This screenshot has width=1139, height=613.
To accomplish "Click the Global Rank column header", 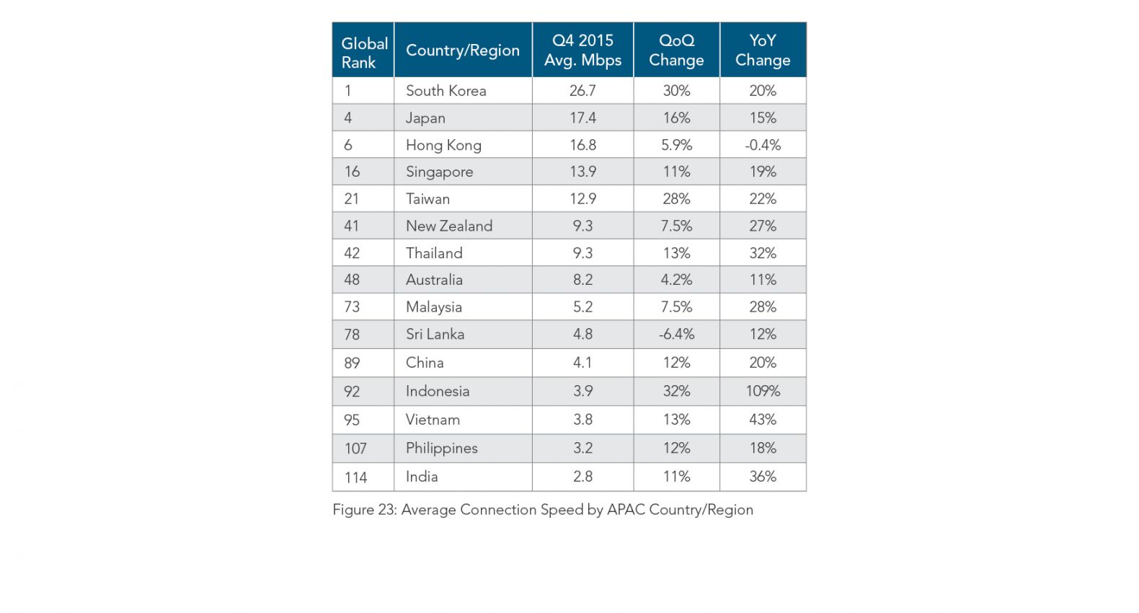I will [363, 52].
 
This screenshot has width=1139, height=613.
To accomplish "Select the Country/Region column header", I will [462, 50].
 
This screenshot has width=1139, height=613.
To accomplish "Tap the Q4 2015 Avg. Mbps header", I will [582, 50].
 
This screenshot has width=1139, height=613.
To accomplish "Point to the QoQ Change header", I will [676, 50].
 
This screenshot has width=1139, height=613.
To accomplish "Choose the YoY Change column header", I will [763, 50].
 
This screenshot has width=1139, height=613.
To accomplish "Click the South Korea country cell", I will [446, 91].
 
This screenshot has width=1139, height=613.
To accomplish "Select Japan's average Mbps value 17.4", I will [582, 118].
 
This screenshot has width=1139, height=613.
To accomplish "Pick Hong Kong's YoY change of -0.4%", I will [763, 145].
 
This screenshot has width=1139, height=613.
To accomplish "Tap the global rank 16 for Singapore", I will [352, 172].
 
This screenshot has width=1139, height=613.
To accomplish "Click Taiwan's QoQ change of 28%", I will [676, 199].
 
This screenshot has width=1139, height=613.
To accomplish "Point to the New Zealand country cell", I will [449, 226].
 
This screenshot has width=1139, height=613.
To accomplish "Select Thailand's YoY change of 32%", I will [763, 253].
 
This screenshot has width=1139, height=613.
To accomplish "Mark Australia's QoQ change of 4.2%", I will [676, 280].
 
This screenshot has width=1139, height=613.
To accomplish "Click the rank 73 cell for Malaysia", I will [352, 307].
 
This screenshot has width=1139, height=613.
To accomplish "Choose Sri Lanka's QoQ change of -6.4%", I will [676, 335].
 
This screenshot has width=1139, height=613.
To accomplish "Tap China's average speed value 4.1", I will [582, 363].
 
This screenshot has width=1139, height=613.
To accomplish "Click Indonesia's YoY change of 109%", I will [763, 391].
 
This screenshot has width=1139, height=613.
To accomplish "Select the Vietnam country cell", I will [433, 420].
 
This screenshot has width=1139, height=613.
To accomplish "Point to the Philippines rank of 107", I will [355, 449].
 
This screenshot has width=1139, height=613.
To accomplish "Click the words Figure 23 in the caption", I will [363, 510].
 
